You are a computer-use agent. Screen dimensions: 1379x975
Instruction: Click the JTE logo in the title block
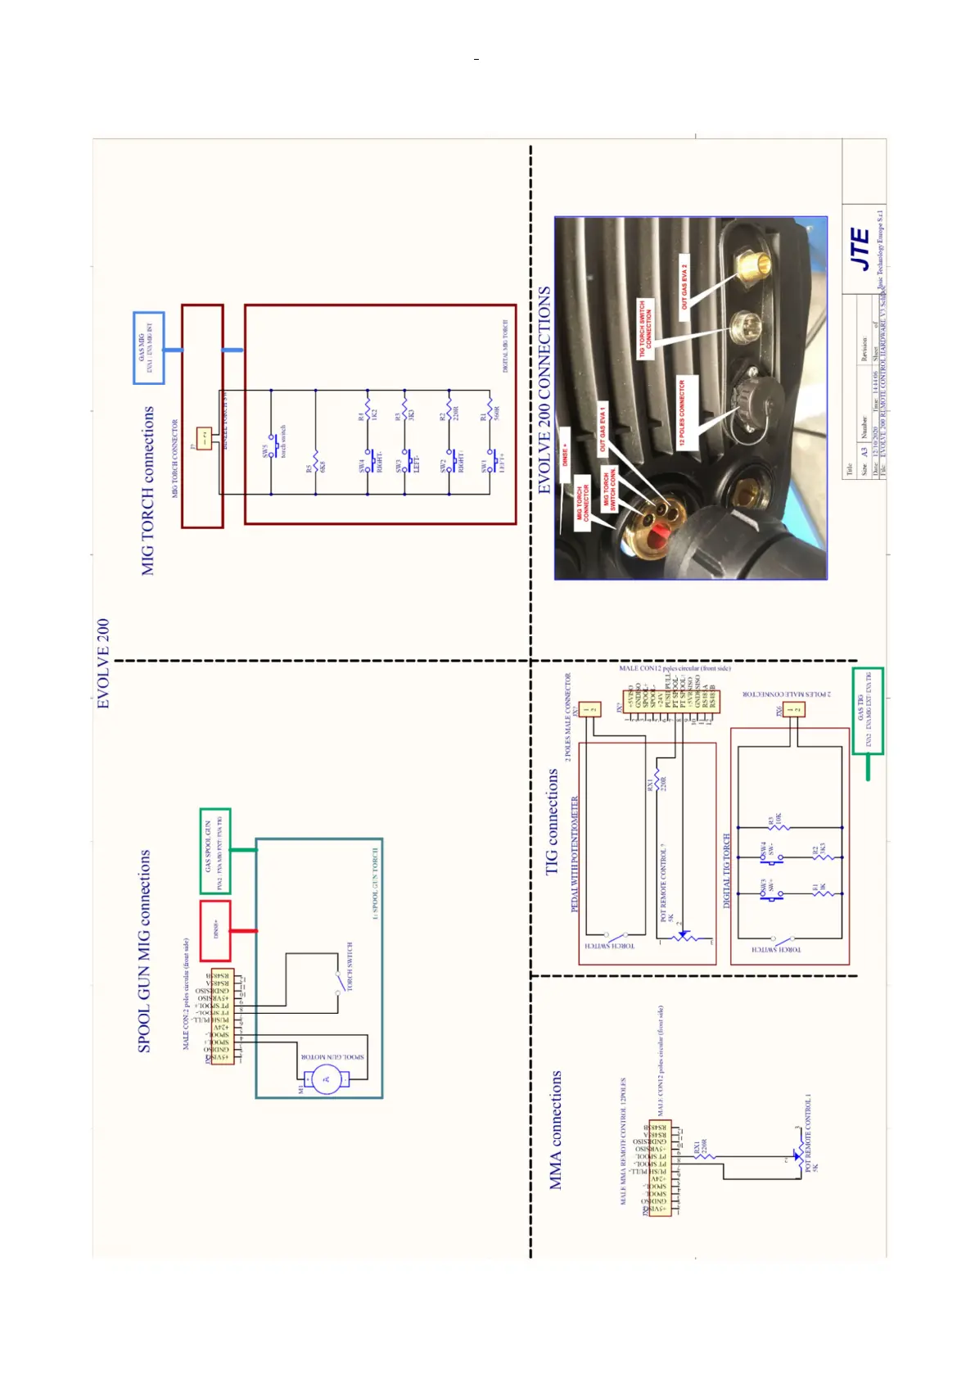(860, 249)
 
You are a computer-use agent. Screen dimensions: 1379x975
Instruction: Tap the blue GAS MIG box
(149, 348)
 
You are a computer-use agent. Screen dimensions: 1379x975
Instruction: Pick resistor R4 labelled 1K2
(368, 406)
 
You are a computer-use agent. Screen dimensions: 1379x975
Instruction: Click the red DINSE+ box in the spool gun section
(215, 930)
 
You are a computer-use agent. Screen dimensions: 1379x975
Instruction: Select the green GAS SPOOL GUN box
(215, 852)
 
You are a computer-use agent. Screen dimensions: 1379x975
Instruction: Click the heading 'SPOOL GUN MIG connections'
(144, 951)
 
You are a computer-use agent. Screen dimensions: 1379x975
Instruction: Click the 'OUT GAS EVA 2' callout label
(684, 286)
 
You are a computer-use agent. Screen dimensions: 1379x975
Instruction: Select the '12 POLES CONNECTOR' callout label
(686, 413)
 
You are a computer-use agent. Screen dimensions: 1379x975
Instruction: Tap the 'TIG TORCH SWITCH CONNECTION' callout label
(646, 328)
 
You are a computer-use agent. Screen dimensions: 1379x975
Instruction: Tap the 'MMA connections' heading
(556, 1129)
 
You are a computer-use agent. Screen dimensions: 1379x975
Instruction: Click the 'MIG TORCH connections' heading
(148, 491)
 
